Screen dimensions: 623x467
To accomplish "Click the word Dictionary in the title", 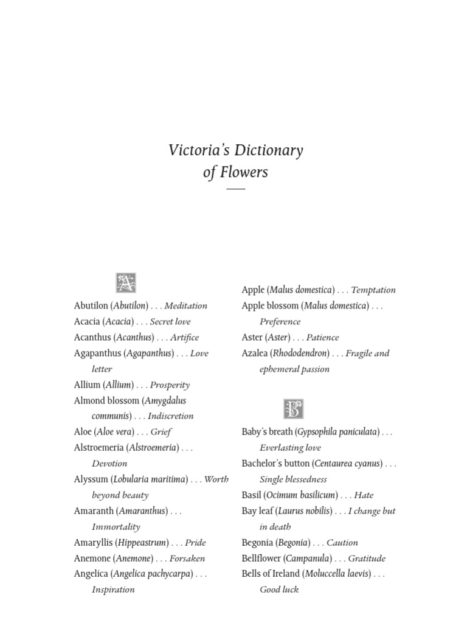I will coord(266,150).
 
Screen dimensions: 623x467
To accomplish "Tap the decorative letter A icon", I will coord(125,283).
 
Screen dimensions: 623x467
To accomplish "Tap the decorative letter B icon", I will coord(293,409).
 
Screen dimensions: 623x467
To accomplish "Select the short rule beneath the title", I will coord(235,189).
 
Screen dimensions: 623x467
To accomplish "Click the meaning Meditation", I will coord(186,306).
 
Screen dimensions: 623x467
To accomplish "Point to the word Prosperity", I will coord(170,385).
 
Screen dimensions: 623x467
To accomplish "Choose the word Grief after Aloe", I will coord(161,432).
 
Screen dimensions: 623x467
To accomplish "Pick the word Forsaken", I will coord(187,559).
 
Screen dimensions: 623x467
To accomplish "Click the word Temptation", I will coord(373,290).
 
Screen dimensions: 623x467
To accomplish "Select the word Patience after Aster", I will coord(322,338).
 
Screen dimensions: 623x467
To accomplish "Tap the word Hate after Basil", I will coord(364,495).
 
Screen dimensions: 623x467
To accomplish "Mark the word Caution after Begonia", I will coord(342,543).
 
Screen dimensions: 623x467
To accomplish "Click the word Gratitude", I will coord(367,559).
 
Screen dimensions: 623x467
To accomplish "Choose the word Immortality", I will coord(116,527).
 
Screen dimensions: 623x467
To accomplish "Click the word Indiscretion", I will coord(170,416).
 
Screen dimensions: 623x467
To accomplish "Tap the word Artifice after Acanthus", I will coord(184,338).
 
